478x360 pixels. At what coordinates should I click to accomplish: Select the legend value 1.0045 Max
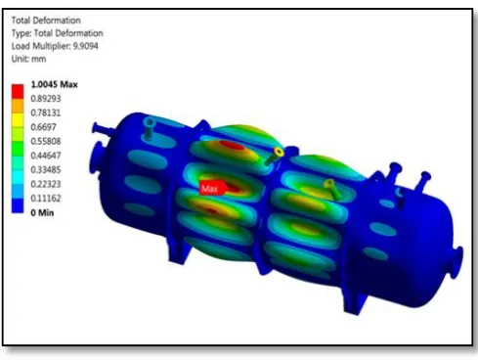point(54,84)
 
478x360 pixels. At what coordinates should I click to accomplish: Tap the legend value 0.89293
point(46,99)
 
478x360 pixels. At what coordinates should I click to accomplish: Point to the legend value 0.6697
point(43,127)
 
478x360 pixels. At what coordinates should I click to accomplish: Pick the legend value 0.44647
point(46,156)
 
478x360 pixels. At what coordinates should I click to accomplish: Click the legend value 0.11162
point(46,199)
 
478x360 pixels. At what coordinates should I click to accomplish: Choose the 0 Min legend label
point(42,213)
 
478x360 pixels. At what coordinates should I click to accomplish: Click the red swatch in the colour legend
point(18,91)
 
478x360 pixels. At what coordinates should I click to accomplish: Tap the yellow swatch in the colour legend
point(18,120)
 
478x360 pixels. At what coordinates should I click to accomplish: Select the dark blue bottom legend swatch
point(18,206)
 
